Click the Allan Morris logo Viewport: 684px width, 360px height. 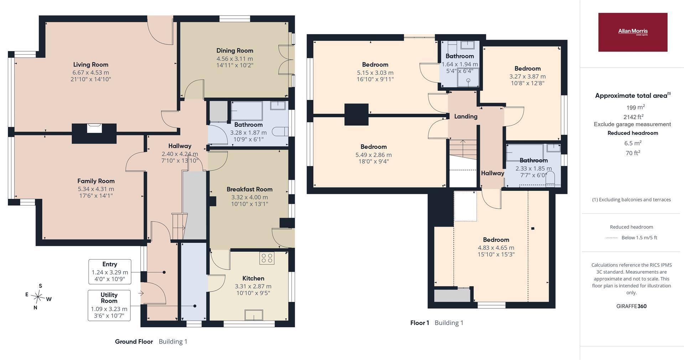click(x=633, y=32)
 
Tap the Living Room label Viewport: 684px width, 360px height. click(x=91, y=65)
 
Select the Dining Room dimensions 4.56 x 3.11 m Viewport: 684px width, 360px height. click(x=235, y=59)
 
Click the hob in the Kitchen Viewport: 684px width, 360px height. click(x=267, y=258)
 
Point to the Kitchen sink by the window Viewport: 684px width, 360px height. click(x=254, y=315)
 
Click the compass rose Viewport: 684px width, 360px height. click(x=38, y=296)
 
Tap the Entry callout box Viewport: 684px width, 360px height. click(x=110, y=272)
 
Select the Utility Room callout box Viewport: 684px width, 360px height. click(x=109, y=305)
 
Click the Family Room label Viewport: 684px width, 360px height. click(x=96, y=181)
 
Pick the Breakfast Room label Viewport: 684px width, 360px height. click(x=249, y=189)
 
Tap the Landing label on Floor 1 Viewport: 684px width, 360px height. click(x=466, y=116)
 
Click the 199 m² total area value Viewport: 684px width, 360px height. click(x=636, y=107)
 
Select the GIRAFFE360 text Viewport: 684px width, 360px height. click(x=631, y=306)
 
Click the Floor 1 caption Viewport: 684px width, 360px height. click(x=420, y=323)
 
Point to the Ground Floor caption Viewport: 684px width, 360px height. click(x=134, y=341)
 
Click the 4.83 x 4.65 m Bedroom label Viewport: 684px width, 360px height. click(x=496, y=240)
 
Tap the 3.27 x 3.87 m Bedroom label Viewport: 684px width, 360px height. click(x=528, y=68)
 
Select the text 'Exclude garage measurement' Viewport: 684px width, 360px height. click(x=632, y=124)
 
